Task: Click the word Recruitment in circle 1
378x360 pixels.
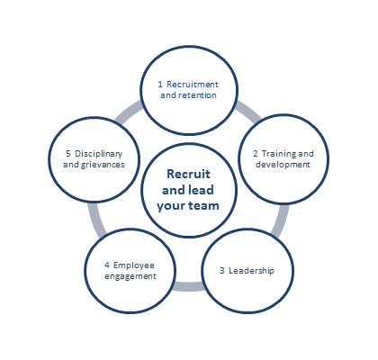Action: (x=193, y=85)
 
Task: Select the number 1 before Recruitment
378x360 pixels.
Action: (x=160, y=85)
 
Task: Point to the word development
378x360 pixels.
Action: (x=283, y=165)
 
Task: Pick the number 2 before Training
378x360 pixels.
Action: (x=256, y=154)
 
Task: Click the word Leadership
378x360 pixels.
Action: (x=251, y=271)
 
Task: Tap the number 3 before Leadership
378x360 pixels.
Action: (x=222, y=271)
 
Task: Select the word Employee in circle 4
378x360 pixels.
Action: (x=134, y=265)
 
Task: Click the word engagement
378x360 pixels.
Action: (x=130, y=276)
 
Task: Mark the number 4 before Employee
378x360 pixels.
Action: (x=107, y=265)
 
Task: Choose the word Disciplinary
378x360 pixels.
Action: (x=99, y=154)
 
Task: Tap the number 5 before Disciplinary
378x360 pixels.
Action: (x=68, y=154)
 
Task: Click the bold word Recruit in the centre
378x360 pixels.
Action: (x=188, y=174)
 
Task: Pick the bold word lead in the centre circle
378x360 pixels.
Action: (x=201, y=190)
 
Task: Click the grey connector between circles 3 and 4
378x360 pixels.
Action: (x=188, y=286)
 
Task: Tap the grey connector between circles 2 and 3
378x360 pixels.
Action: (x=281, y=220)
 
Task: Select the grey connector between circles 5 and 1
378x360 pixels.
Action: (x=129, y=112)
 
